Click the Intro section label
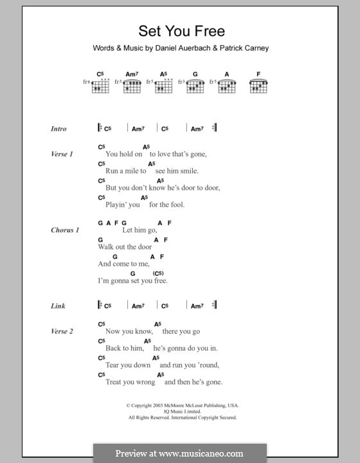tap(59, 129)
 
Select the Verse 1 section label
tap(62, 154)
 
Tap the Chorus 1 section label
tap(65, 230)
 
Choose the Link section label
tap(58, 306)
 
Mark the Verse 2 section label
tap(62, 331)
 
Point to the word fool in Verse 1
tap(176, 205)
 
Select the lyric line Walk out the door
tap(125, 247)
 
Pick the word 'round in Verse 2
tap(208, 365)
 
